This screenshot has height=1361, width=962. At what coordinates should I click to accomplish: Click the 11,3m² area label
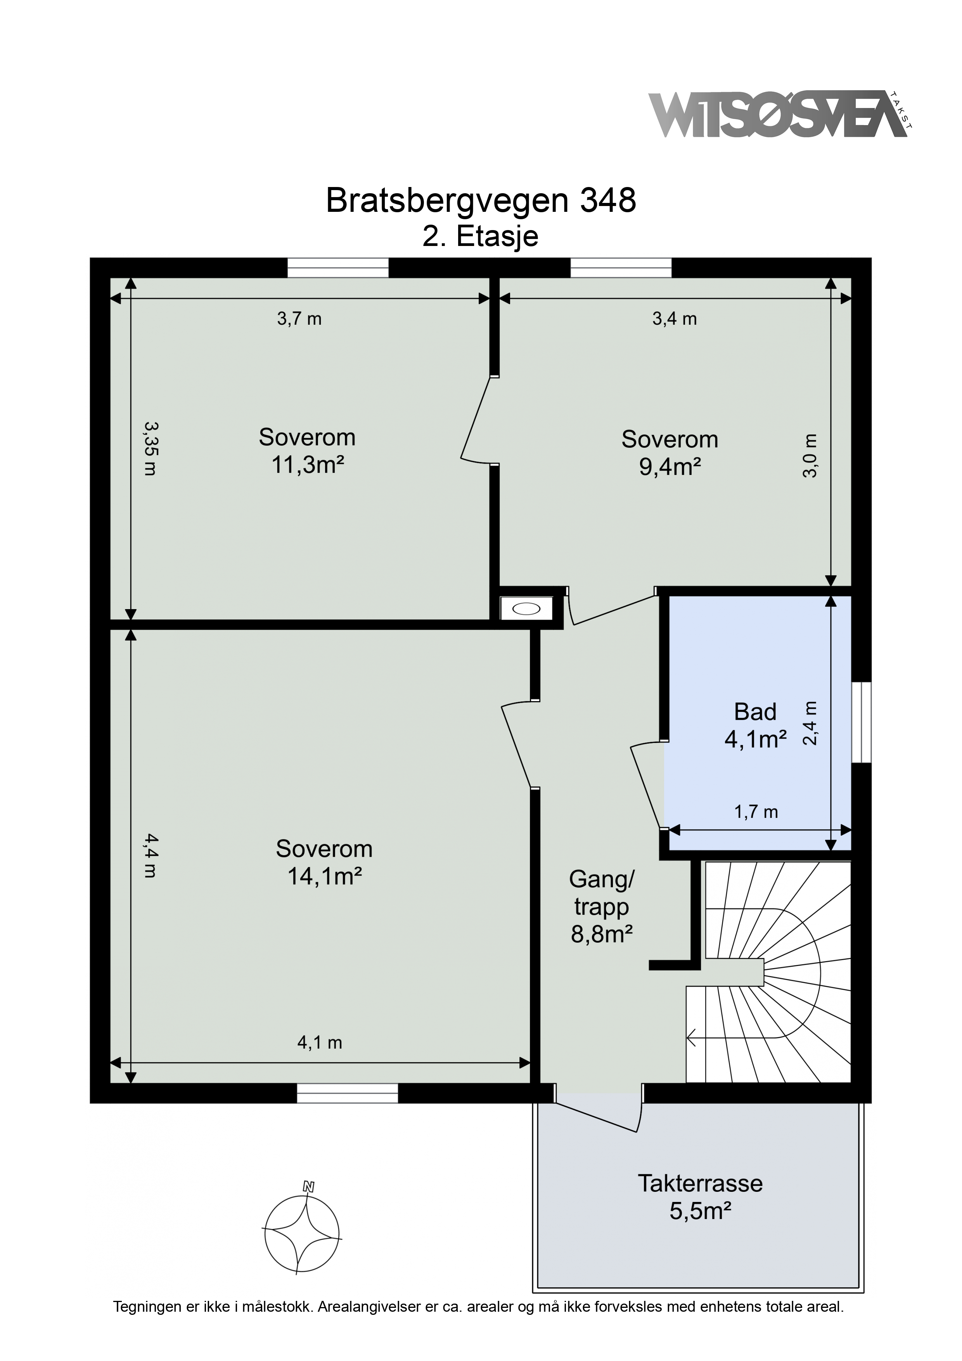click(308, 465)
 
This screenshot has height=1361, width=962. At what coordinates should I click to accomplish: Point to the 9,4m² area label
click(670, 467)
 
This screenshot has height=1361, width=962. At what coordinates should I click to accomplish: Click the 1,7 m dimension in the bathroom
click(756, 812)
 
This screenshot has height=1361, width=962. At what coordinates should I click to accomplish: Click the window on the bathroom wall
click(861, 722)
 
